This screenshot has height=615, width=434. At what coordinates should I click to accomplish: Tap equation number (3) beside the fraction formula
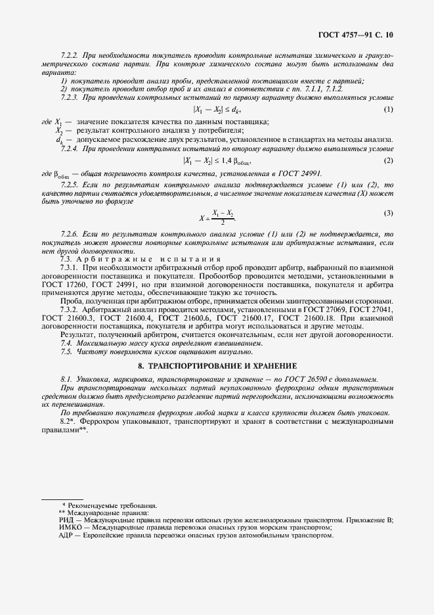tap(389, 213)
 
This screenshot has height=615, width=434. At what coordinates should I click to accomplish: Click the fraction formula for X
tap(217, 217)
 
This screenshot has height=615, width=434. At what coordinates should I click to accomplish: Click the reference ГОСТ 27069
tap(321, 307)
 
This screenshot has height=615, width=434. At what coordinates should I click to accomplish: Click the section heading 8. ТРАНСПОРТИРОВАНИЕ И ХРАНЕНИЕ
tap(217, 365)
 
